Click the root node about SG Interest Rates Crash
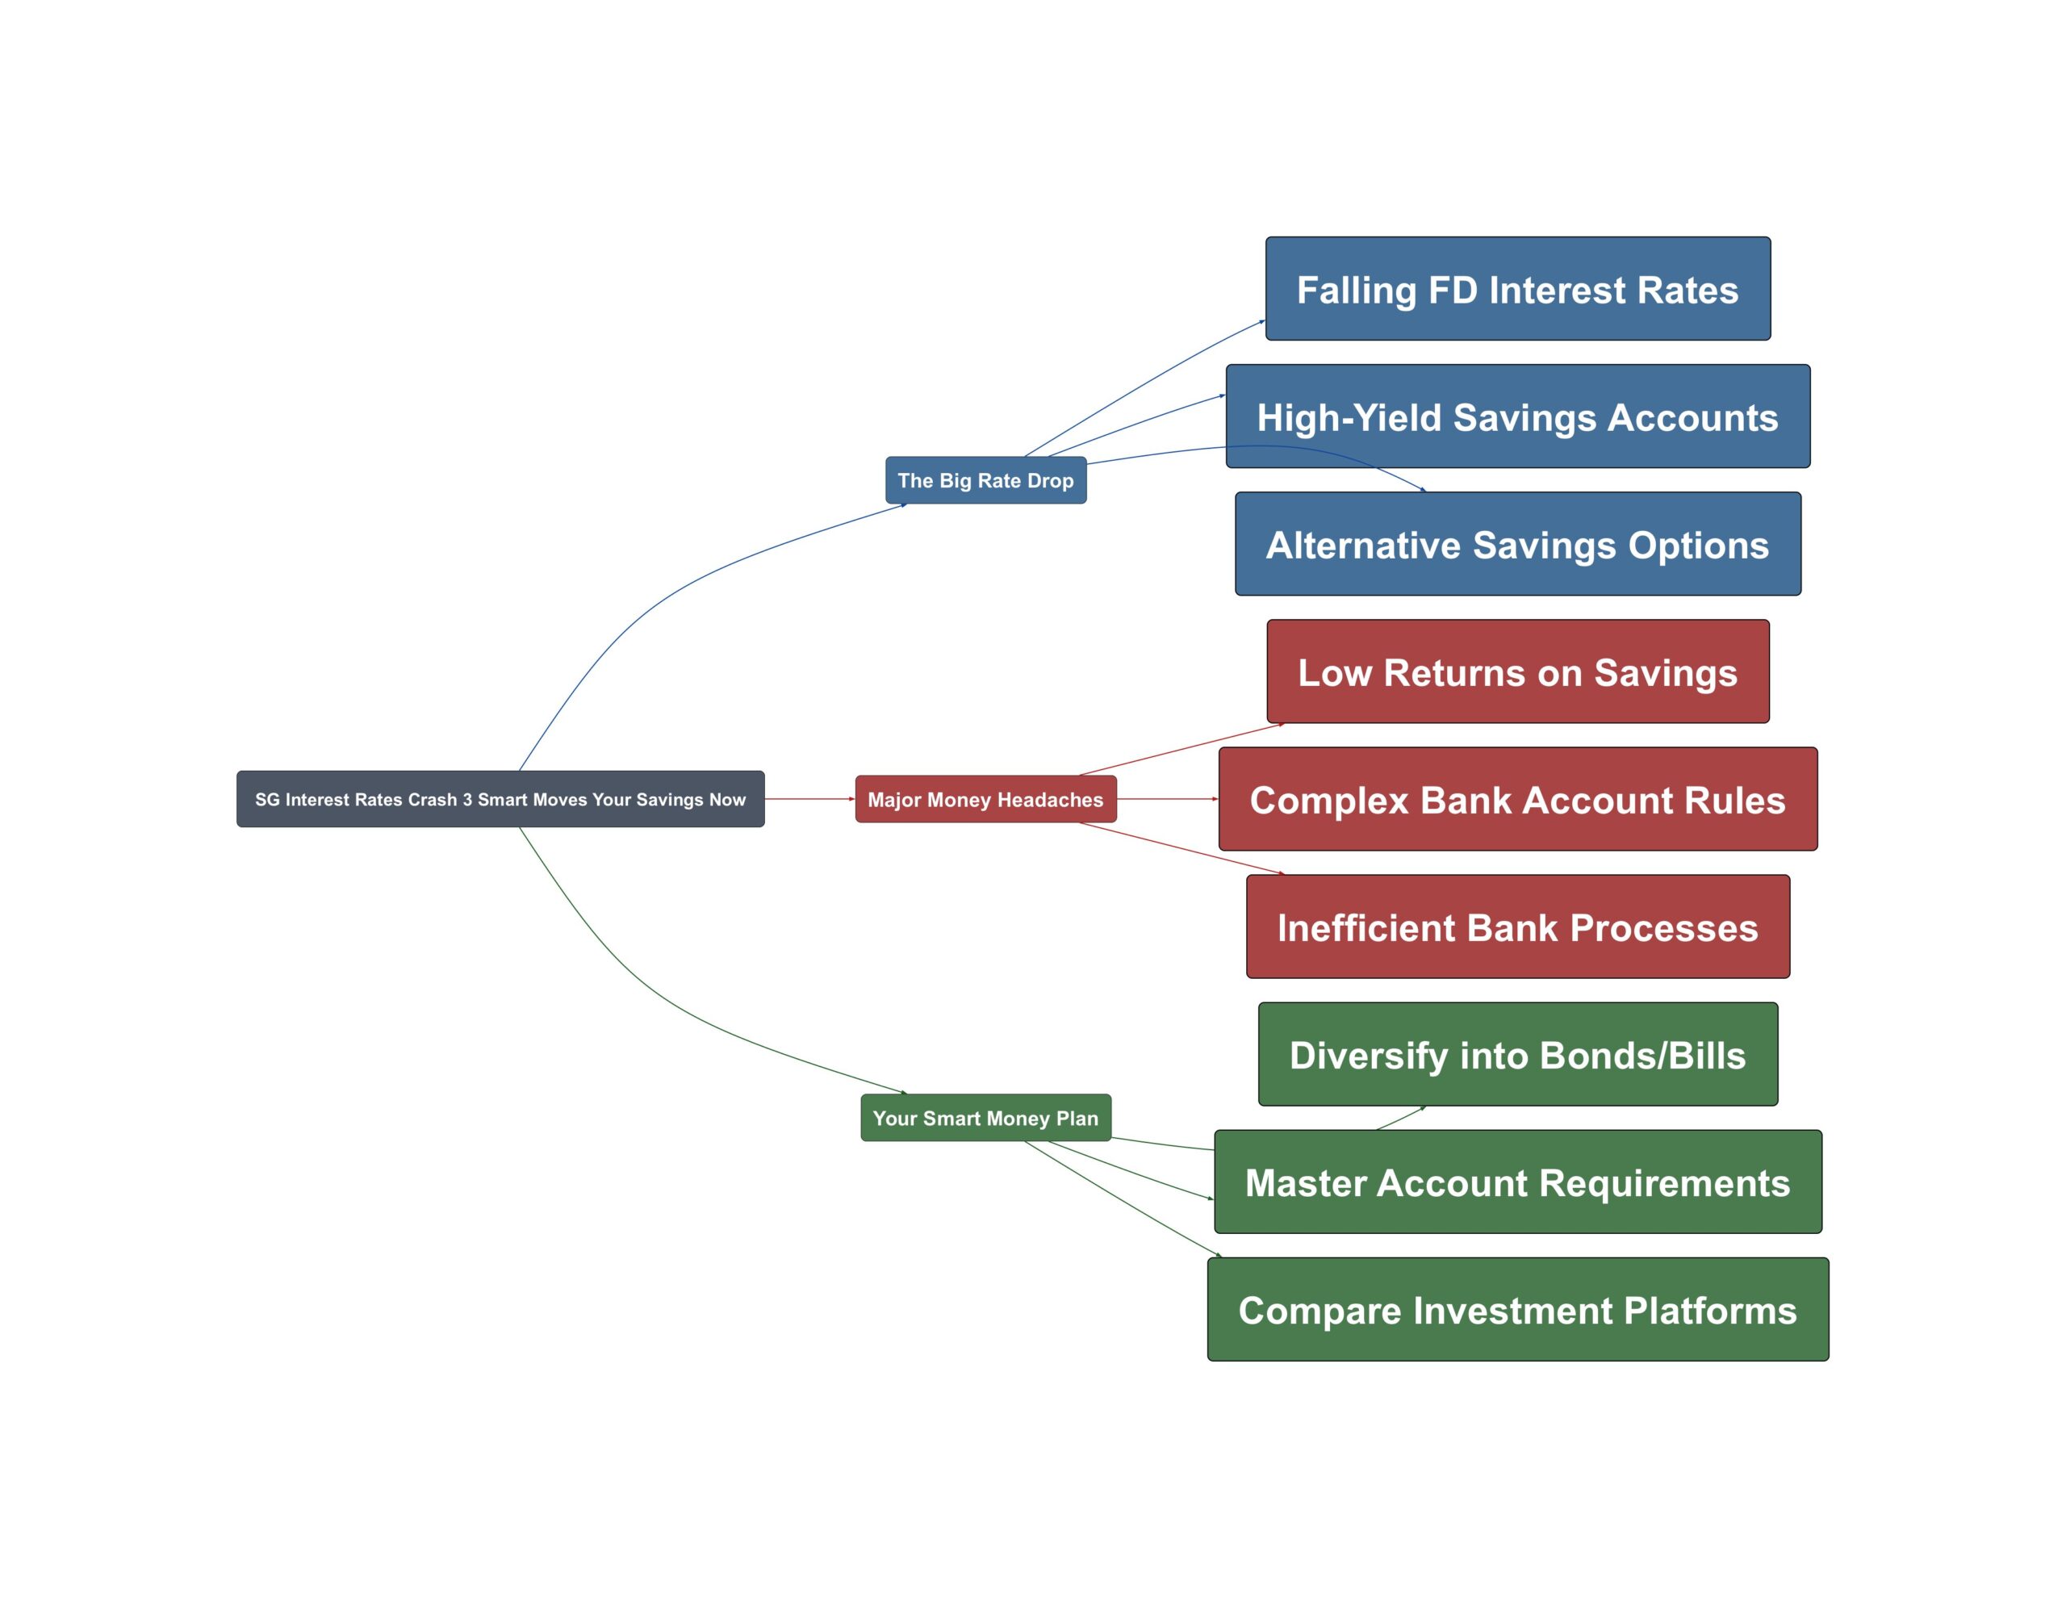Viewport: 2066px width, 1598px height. click(x=500, y=798)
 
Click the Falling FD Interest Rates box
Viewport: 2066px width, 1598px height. click(x=1518, y=289)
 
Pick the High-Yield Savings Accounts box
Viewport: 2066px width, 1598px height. click(x=1518, y=416)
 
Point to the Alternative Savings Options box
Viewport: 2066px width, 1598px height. click(x=1518, y=544)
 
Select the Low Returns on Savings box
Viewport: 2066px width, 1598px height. click(x=1518, y=671)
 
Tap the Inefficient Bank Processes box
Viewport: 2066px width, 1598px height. click(x=1518, y=927)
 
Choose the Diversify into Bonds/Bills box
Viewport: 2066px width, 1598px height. click(x=1518, y=1055)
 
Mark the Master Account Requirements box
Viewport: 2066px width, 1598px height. click(x=1518, y=1182)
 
